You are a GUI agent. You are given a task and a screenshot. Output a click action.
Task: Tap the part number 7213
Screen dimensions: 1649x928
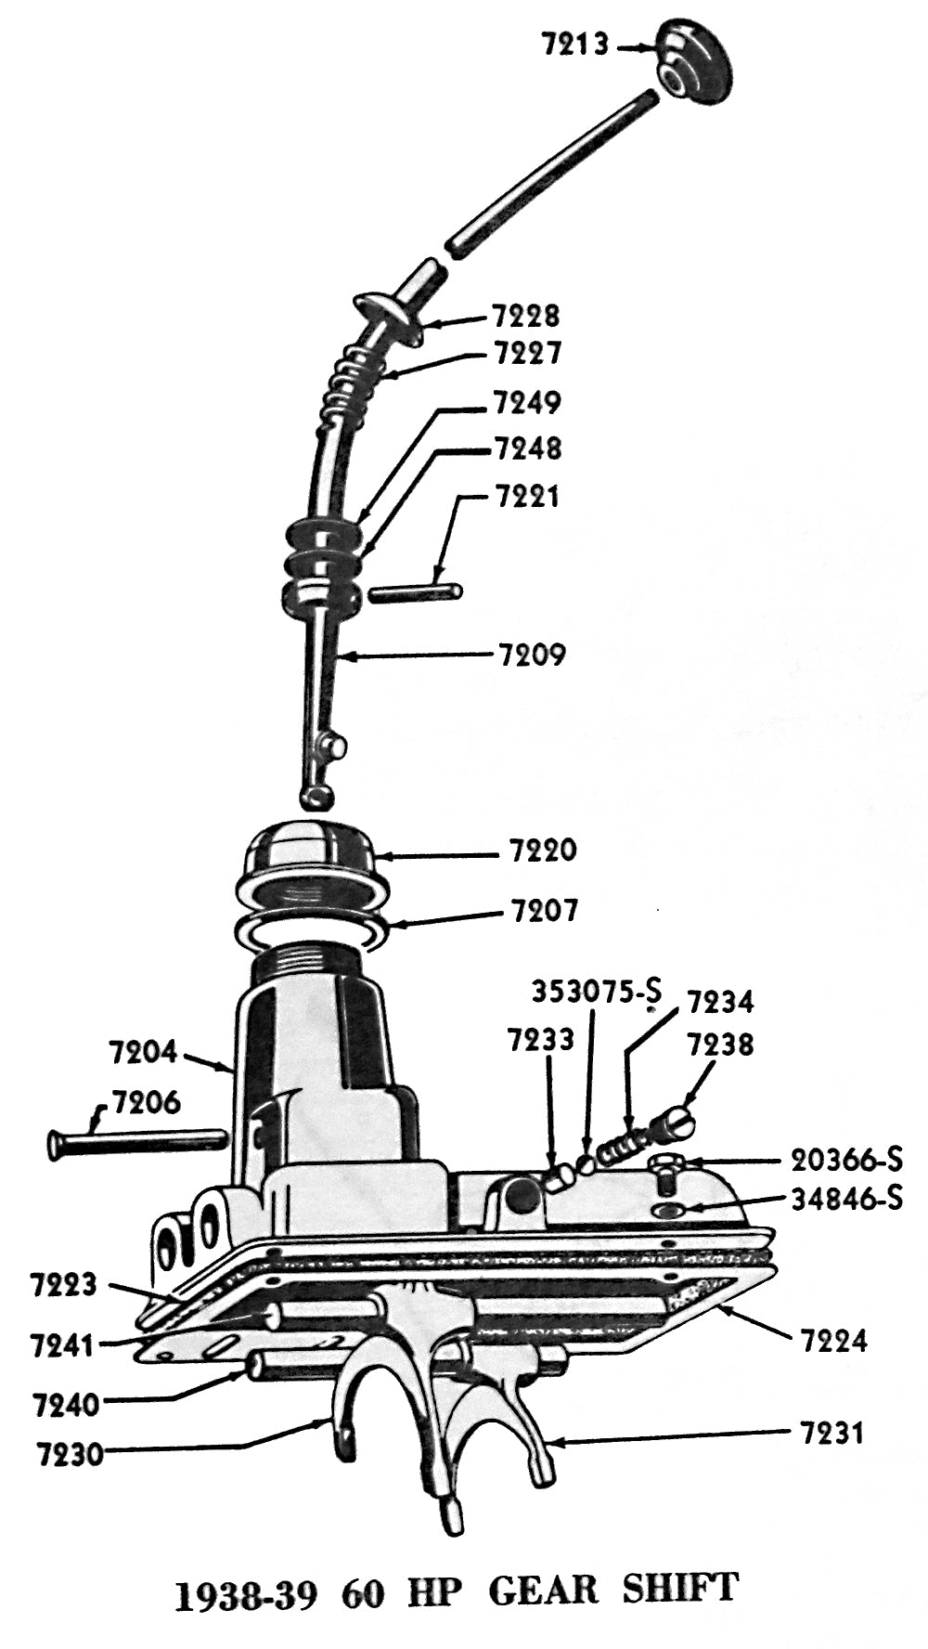(575, 44)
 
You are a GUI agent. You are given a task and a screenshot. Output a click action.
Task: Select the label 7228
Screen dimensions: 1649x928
(526, 316)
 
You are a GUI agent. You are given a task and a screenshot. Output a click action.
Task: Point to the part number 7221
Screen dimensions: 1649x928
(527, 496)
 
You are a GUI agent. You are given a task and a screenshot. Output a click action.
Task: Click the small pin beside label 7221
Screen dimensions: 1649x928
(415, 591)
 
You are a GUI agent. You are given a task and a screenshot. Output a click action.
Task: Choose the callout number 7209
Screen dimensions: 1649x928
(532, 655)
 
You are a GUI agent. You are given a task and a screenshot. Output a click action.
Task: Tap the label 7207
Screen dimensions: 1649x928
(545, 910)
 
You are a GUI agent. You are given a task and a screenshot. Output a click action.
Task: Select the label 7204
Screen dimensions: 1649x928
(142, 1052)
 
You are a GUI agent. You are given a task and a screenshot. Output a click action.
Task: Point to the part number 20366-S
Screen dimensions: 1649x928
(846, 1160)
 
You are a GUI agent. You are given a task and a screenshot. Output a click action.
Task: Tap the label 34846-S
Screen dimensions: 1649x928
(846, 1199)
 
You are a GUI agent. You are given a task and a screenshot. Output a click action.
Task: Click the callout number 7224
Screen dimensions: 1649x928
(833, 1341)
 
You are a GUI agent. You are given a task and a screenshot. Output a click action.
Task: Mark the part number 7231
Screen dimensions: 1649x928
(831, 1433)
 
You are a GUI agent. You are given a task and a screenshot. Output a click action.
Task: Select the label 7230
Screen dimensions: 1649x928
(71, 1453)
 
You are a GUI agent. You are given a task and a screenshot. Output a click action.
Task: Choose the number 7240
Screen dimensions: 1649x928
(66, 1405)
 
